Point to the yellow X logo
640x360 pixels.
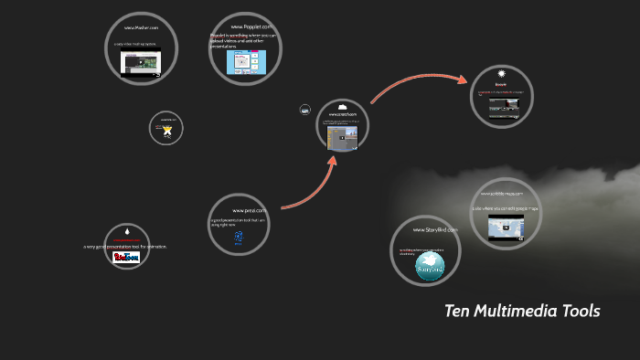[167, 131]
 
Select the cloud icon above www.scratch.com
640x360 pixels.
[343, 107]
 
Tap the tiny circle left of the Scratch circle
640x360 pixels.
[304, 110]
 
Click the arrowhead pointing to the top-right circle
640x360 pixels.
[456, 78]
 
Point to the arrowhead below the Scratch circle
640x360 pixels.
[334, 162]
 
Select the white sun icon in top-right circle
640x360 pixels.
[501, 73]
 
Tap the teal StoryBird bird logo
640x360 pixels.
[429, 266]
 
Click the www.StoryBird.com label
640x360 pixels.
[428, 230]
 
